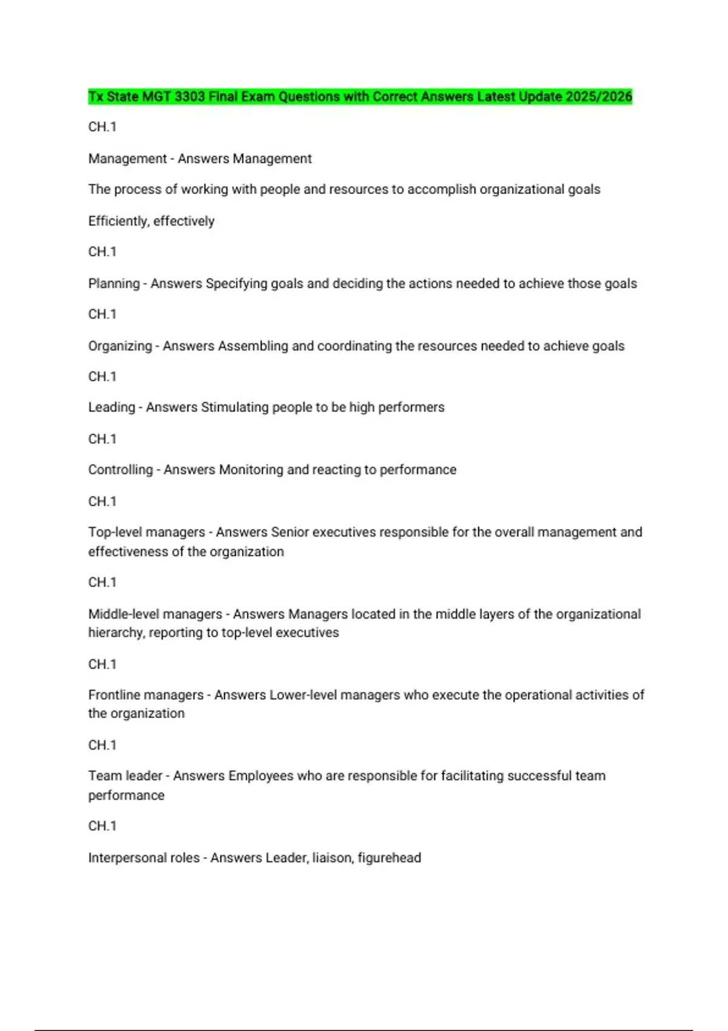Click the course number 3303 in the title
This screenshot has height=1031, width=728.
[189, 97]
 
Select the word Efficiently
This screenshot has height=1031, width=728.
[118, 221]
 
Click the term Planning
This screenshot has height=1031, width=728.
[114, 284]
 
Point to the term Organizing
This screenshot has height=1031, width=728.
[120, 346]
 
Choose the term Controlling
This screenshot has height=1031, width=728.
[120, 470]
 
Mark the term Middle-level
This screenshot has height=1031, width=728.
[125, 614]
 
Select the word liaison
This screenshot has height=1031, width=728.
[331, 858]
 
